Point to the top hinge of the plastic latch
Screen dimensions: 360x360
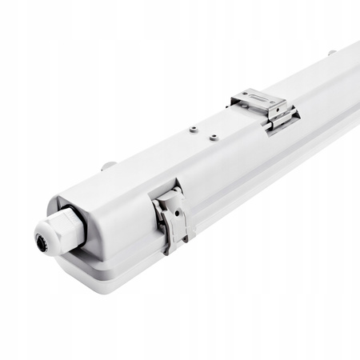[x=167, y=194]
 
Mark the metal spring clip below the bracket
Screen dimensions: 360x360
[x=282, y=119]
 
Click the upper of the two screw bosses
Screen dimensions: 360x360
[x=193, y=127]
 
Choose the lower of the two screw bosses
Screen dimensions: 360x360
[x=214, y=137]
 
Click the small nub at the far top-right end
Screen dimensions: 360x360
[x=332, y=53]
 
